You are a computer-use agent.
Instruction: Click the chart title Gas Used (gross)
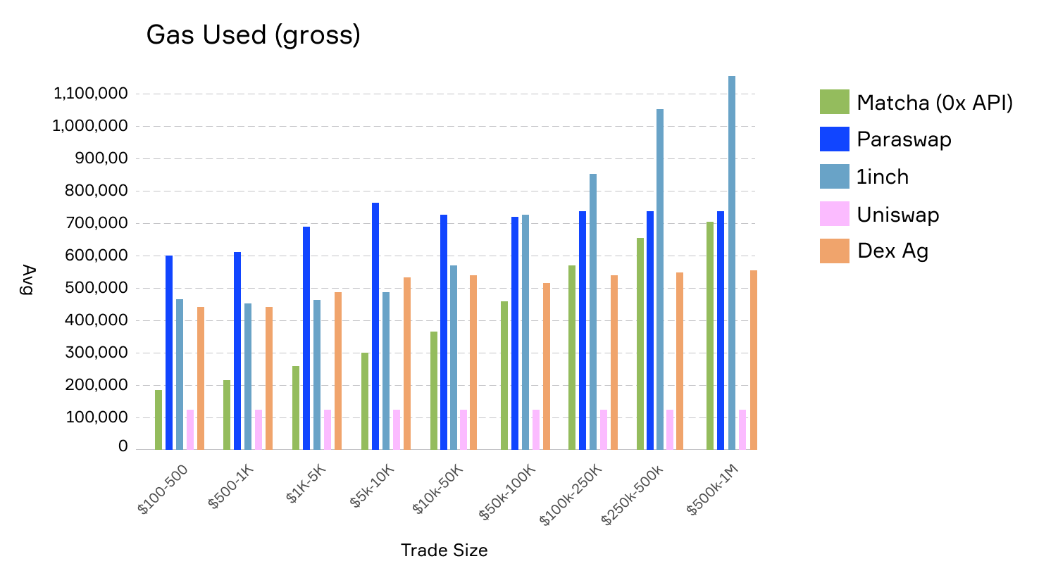(x=253, y=35)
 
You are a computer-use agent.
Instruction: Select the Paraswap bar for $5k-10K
(x=375, y=326)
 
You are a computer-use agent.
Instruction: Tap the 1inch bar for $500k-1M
(x=732, y=263)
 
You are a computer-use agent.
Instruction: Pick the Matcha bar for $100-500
(x=158, y=420)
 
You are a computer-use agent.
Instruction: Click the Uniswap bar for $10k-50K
(x=463, y=429)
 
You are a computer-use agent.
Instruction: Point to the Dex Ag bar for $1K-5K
(x=338, y=371)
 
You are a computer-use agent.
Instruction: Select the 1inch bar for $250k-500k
(x=660, y=279)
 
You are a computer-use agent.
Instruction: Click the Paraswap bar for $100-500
(x=169, y=353)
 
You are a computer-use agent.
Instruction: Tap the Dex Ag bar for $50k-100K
(x=547, y=366)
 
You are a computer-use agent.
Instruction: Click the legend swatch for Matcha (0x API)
(x=834, y=101)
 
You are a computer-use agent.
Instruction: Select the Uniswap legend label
(x=898, y=215)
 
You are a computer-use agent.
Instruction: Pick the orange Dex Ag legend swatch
(x=834, y=251)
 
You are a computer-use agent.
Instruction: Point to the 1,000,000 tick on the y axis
(x=89, y=126)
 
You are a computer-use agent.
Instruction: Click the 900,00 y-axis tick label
(x=101, y=158)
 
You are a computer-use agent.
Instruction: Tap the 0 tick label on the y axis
(x=123, y=446)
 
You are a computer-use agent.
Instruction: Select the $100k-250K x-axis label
(x=571, y=495)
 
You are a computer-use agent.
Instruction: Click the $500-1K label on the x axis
(x=231, y=486)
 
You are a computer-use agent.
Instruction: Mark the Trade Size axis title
(x=444, y=551)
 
